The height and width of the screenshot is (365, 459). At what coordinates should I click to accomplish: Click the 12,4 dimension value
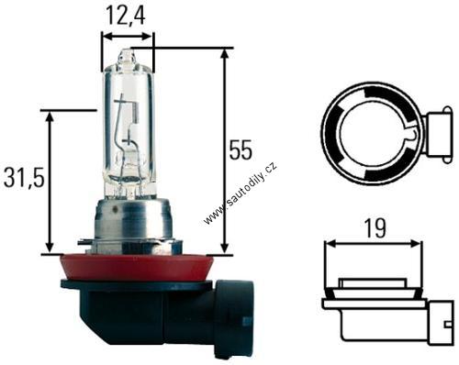(x=126, y=16)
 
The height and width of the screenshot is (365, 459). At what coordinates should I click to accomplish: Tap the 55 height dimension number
(x=241, y=150)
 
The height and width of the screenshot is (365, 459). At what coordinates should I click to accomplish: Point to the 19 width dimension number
(x=375, y=228)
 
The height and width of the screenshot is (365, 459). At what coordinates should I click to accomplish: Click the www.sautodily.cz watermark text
(x=241, y=193)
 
